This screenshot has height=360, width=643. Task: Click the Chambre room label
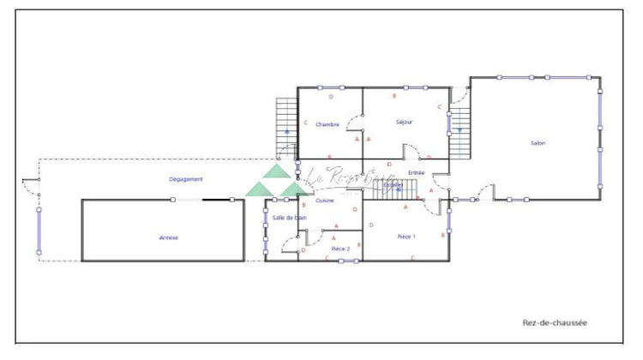(328, 124)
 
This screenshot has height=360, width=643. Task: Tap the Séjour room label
(405, 123)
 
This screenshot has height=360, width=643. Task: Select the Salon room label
(538, 143)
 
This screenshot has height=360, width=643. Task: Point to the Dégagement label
(185, 179)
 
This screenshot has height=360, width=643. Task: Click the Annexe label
(169, 237)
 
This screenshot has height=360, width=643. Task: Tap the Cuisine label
(324, 201)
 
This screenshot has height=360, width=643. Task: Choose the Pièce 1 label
(406, 236)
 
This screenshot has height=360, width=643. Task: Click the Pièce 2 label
(340, 248)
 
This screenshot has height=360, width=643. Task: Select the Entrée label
(417, 172)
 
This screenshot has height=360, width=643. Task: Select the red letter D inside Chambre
(331, 97)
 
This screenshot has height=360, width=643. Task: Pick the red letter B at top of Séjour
(394, 96)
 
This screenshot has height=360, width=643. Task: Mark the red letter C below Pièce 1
(412, 257)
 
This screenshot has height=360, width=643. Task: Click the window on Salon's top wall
(531, 78)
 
